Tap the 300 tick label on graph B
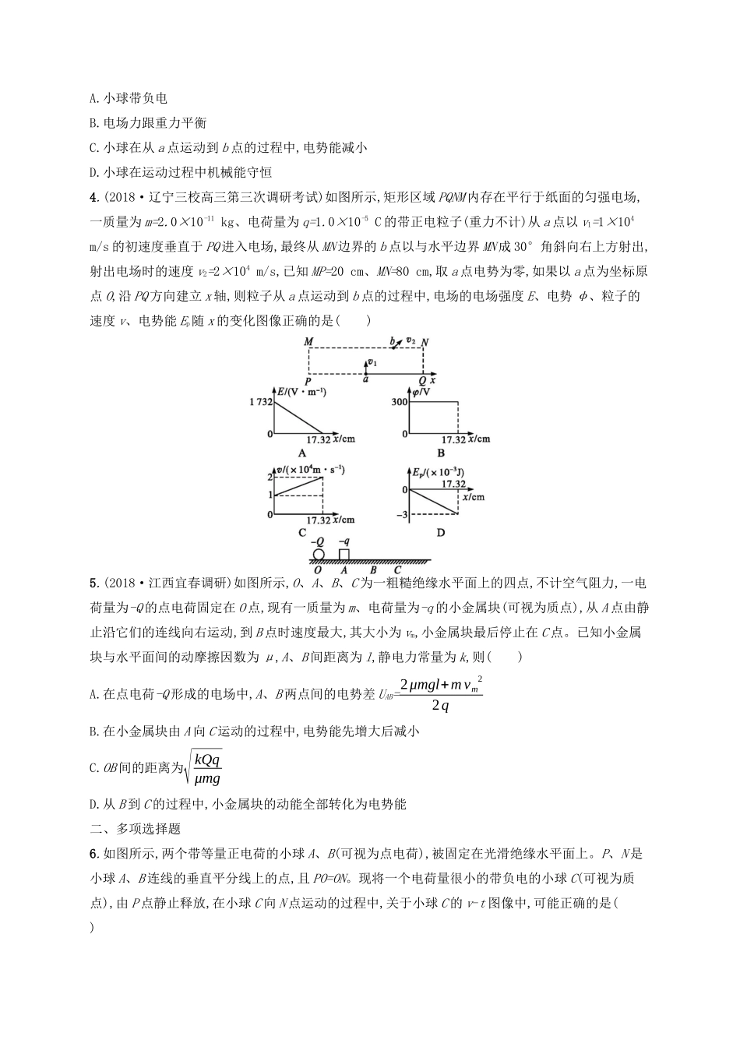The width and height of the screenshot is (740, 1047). [400, 401]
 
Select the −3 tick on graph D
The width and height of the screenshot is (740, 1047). [403, 515]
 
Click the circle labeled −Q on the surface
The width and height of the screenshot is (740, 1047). [318, 555]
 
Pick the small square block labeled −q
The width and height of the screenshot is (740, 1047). [344, 554]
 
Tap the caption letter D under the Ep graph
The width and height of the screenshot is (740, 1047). [441, 533]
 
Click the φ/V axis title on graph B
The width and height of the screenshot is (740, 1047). [422, 390]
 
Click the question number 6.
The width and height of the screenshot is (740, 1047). [93, 854]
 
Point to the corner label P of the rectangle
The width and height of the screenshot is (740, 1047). [308, 380]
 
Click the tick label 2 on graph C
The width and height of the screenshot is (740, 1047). [270, 477]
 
